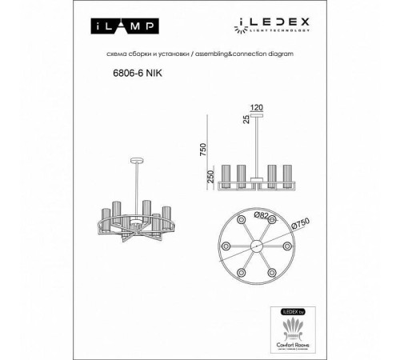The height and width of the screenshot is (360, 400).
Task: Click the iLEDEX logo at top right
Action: [x=266, y=24]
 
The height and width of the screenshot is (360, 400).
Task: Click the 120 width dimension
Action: [x=257, y=105]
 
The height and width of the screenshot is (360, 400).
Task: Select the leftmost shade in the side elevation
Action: [x=226, y=178]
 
